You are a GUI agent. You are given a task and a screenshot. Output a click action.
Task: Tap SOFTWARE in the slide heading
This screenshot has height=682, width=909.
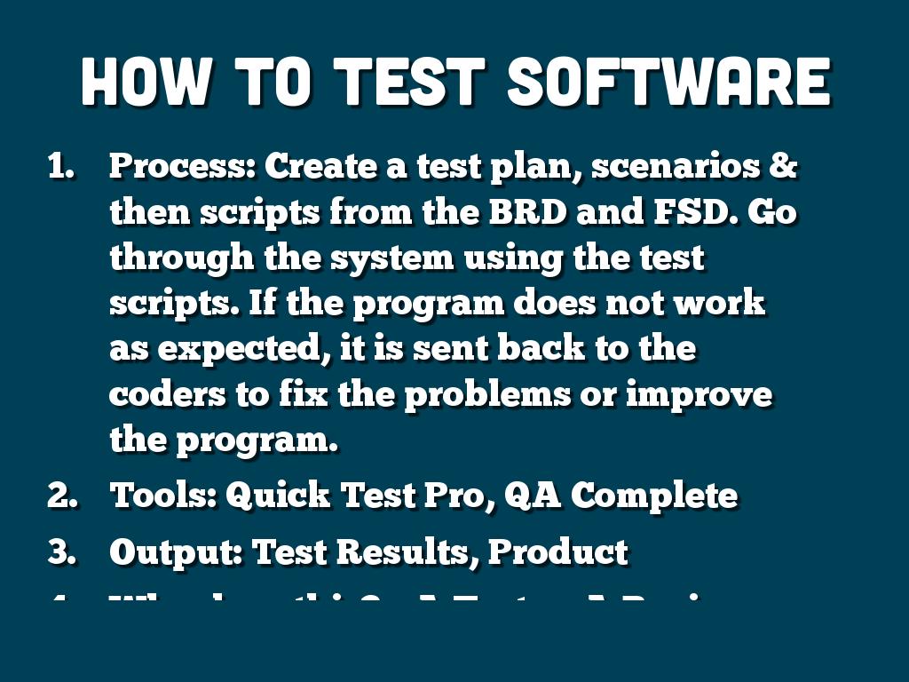668,83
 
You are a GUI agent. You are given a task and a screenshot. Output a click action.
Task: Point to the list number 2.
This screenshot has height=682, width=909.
62,496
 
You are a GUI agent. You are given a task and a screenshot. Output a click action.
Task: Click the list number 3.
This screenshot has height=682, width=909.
62,551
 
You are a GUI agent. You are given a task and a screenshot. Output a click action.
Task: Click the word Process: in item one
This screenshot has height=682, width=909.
182,166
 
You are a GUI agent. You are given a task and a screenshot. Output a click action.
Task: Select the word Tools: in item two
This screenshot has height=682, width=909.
163,496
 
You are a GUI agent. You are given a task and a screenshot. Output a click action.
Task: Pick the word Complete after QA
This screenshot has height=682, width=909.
653,496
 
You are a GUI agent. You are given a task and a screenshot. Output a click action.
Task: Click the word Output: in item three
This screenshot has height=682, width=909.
176,551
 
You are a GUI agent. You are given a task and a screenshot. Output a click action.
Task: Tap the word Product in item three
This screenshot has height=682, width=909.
558,551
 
